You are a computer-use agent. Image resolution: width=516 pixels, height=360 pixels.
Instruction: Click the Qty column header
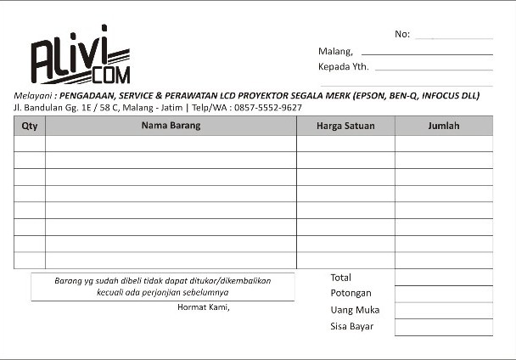click(x=30, y=126)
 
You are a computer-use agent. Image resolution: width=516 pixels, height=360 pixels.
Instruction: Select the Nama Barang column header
click(x=171, y=126)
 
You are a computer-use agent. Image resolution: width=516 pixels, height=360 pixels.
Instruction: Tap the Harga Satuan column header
click(x=345, y=126)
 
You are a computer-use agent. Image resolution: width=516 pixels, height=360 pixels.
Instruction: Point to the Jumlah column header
click(x=443, y=126)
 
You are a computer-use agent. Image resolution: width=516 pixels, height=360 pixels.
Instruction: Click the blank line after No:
click(x=454, y=37)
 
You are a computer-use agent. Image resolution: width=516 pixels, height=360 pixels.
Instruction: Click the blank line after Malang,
click(x=427, y=53)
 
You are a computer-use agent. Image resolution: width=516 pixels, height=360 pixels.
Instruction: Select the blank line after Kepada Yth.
click(x=433, y=68)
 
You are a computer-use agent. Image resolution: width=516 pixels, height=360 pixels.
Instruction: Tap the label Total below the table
click(x=340, y=278)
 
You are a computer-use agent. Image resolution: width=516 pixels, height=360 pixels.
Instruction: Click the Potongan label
click(x=351, y=293)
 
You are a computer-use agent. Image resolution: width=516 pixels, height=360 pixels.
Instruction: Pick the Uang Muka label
click(x=355, y=310)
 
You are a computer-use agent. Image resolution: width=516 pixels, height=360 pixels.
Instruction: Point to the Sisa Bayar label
click(x=351, y=326)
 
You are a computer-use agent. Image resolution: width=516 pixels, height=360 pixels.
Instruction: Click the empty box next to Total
click(x=443, y=278)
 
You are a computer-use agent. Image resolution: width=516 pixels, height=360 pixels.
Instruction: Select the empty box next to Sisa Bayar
click(x=443, y=327)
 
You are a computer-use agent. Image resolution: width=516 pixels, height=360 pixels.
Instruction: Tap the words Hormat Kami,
click(x=203, y=307)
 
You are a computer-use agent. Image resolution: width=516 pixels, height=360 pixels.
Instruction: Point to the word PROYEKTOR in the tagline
click(x=261, y=96)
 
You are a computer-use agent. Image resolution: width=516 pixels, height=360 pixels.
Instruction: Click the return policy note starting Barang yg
click(x=163, y=286)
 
